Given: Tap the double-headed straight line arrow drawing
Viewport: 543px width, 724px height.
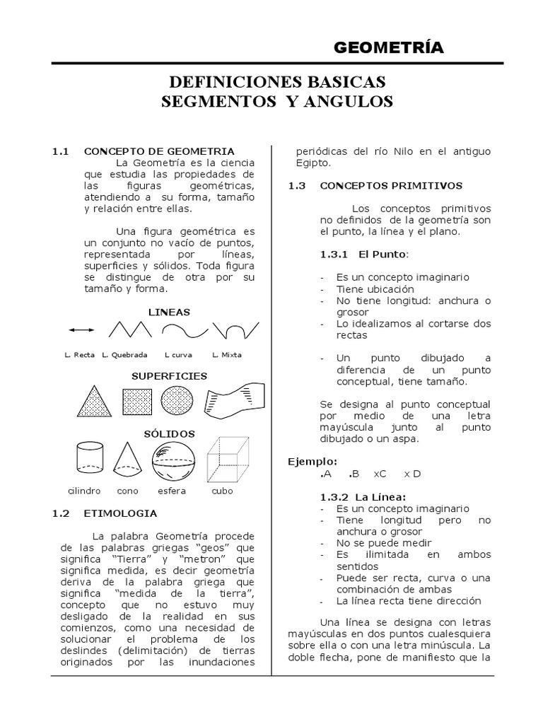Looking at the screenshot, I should tap(81, 329).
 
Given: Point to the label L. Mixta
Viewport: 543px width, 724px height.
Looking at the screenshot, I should tap(226, 354).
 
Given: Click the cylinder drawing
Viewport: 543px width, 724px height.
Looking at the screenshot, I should tap(89, 459).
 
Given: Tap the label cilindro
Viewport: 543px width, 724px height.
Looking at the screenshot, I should tap(84, 490).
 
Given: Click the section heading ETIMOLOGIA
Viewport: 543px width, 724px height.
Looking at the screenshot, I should tap(121, 513).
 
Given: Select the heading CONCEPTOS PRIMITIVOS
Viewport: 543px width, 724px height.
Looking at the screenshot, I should tap(391, 186).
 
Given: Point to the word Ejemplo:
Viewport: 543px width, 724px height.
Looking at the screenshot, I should tap(312, 461).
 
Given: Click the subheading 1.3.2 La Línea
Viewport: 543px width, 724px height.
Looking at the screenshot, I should tap(362, 496).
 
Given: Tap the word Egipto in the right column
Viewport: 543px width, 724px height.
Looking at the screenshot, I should tap(313, 163).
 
